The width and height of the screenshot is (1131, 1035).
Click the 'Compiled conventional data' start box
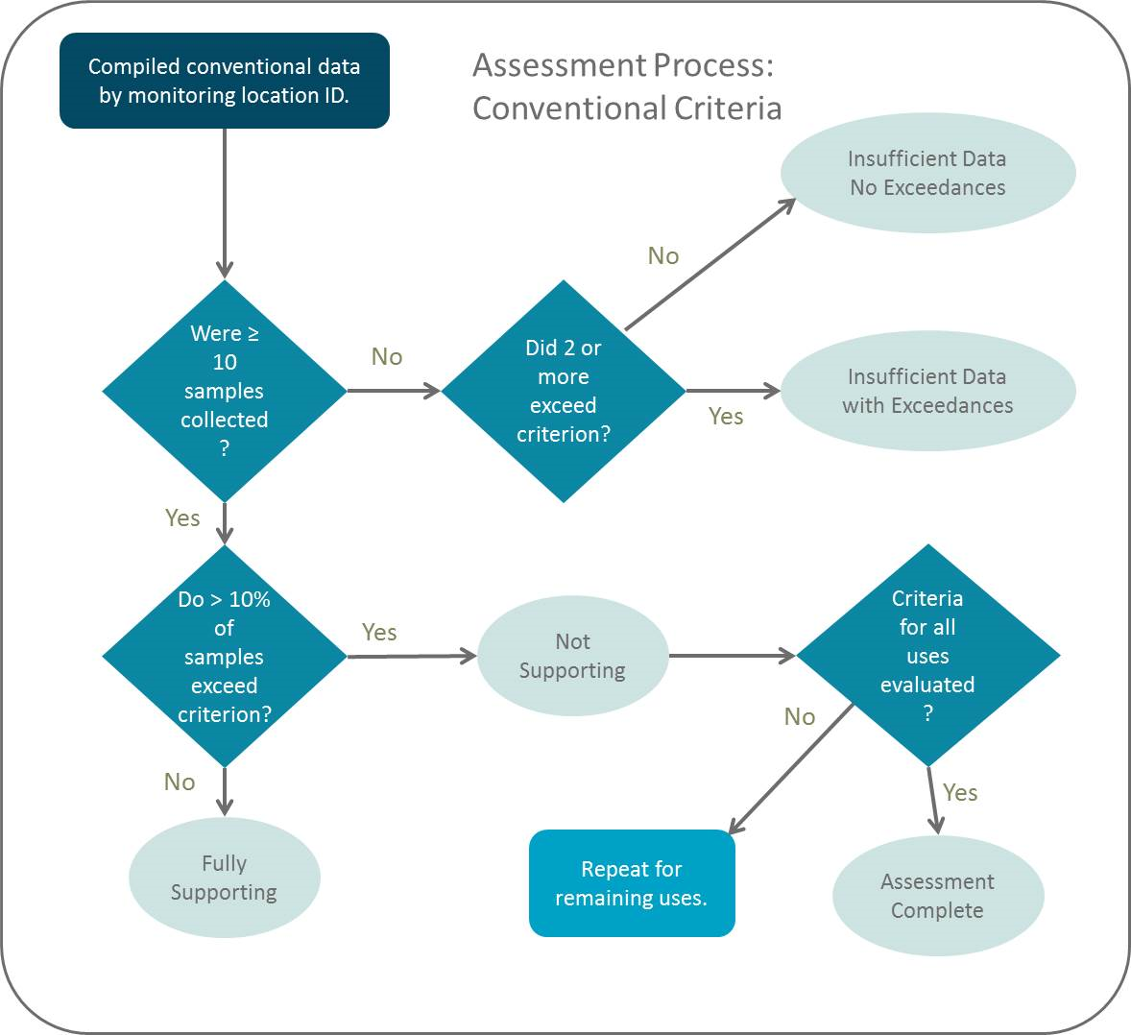pos(225,81)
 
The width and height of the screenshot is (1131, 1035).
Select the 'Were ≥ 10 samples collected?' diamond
pos(225,391)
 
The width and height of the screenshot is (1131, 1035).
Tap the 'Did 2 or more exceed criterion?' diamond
pos(564,391)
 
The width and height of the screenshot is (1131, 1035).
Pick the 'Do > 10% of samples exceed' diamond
pos(225,657)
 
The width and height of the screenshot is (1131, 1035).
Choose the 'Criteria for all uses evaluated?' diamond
pos(927,656)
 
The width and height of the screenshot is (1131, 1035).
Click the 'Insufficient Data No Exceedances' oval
pos(927,173)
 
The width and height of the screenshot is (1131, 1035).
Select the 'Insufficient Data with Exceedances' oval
pos(927,391)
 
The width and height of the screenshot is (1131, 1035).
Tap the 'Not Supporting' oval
pos(572,656)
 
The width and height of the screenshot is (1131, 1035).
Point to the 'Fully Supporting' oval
pos(224,878)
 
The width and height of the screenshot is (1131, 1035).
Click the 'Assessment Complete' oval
pos(937,896)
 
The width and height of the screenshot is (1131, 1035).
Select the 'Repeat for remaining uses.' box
pos(632,883)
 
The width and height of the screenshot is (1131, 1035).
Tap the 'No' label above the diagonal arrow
pos(663,255)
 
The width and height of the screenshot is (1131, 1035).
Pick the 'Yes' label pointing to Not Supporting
pos(379,632)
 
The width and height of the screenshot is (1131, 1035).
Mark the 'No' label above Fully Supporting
pos(180,782)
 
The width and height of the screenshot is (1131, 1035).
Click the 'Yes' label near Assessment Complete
pos(960,792)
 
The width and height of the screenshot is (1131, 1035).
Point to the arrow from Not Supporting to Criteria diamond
pos(732,656)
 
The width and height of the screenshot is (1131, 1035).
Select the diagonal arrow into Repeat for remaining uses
pos(791,769)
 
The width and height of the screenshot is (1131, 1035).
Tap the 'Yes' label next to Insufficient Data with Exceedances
pos(726,416)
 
